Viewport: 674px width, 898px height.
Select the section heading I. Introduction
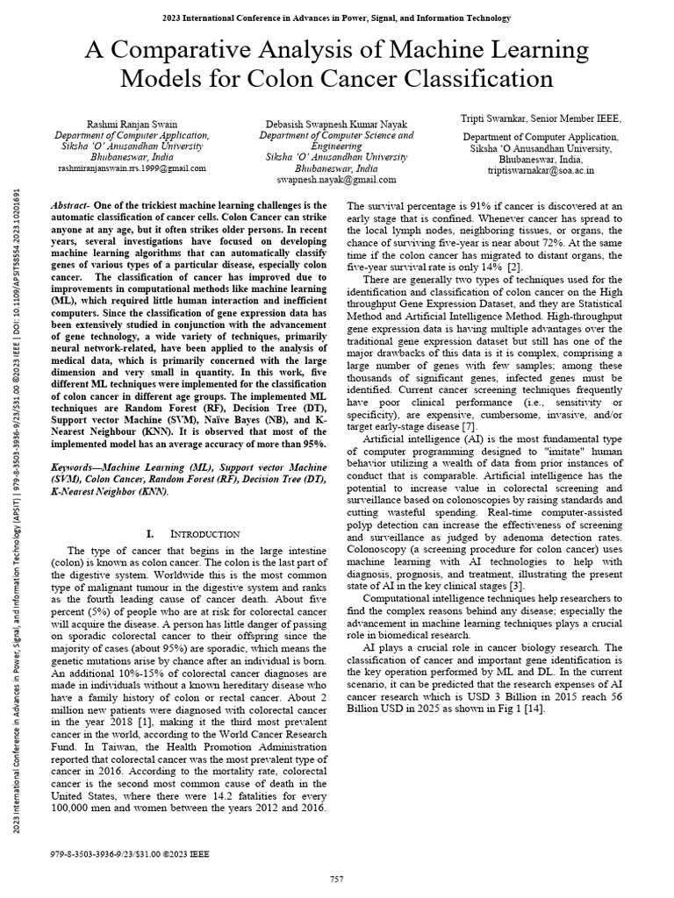(x=192, y=533)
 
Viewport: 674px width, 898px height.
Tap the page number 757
(x=336, y=879)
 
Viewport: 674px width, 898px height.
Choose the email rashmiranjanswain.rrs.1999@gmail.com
(x=132, y=167)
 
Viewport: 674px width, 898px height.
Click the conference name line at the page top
(x=336, y=18)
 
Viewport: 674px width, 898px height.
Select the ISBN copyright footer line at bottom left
(x=131, y=852)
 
